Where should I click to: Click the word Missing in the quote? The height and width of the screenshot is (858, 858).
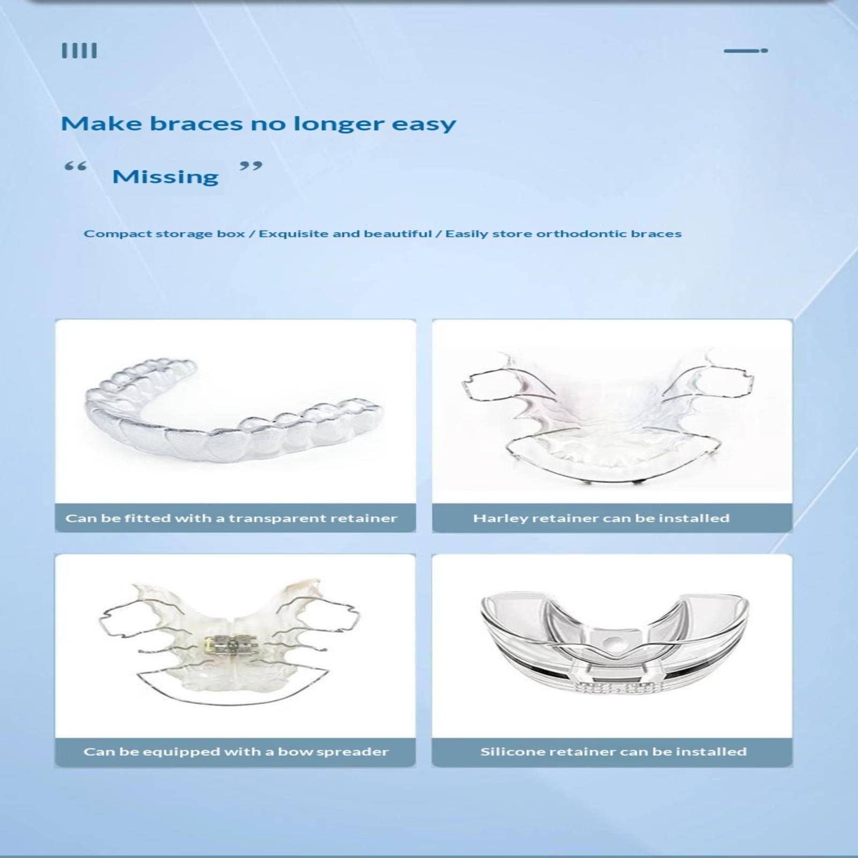click(165, 176)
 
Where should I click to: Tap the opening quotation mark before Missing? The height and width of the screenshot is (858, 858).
click(75, 167)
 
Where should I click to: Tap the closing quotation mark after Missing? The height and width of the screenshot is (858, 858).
click(251, 166)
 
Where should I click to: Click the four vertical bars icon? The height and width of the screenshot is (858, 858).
click(79, 51)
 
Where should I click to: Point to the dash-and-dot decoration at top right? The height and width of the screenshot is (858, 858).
click(746, 50)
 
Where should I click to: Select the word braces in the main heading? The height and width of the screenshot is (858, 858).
click(196, 124)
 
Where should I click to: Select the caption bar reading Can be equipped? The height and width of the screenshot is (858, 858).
click(235, 752)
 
